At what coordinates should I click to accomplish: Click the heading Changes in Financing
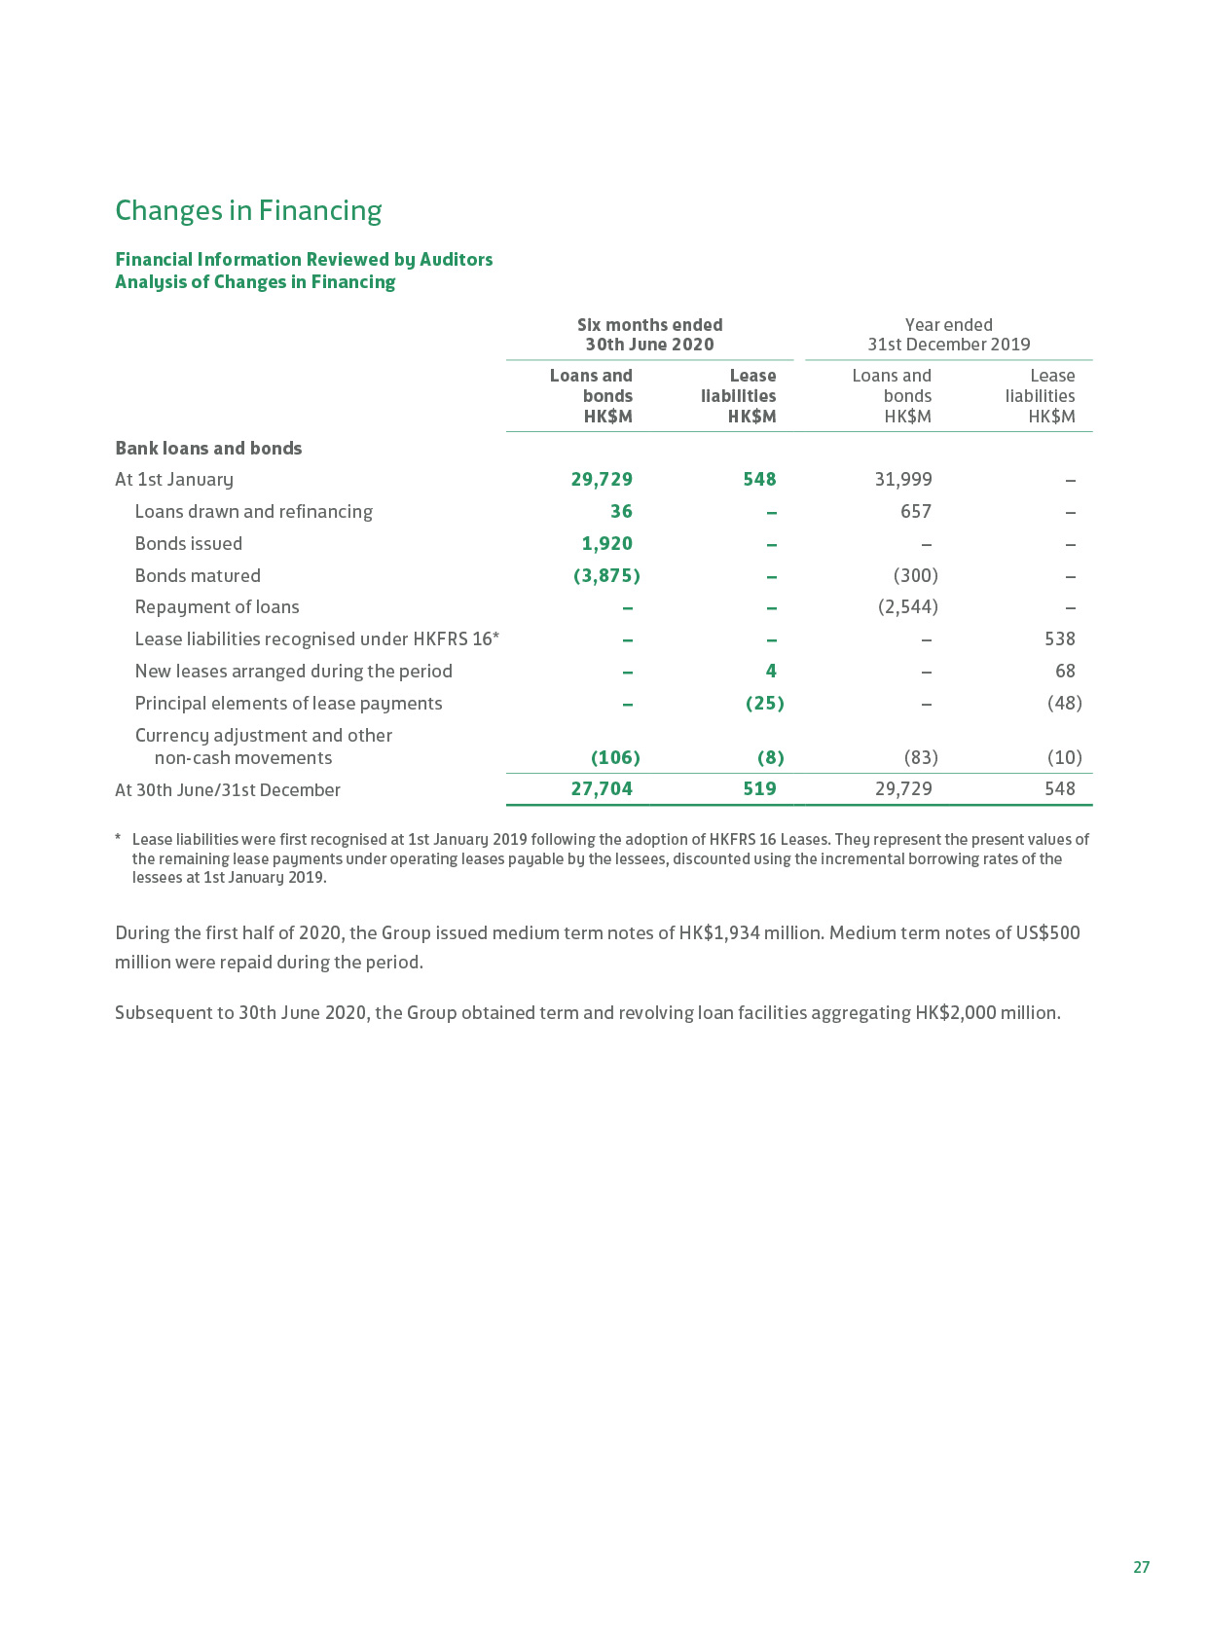pos(248,210)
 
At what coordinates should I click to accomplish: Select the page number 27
pos(1141,1566)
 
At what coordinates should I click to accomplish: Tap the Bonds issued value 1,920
pos(606,543)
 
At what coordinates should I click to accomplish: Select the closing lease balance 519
pos(759,788)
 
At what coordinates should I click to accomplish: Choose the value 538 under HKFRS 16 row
pos(1059,638)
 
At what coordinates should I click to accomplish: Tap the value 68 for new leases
pos(1065,671)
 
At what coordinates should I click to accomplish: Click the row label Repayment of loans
pos(217,606)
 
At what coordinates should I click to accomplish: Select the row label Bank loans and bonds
pos(208,448)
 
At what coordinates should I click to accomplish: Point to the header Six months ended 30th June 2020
pos(649,334)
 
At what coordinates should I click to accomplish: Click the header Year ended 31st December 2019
pos(948,334)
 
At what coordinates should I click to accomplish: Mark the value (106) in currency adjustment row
pos(615,757)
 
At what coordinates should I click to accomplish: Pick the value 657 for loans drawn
pos(915,511)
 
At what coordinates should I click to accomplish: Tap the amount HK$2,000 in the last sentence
pos(955,1012)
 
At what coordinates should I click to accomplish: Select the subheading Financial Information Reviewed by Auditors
pos(304,259)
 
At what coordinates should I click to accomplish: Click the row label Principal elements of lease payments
pos(288,703)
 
